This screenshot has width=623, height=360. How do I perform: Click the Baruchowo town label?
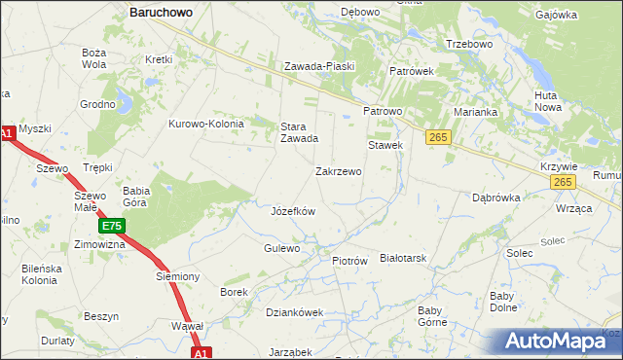tap(161, 13)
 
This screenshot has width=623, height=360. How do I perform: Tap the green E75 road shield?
tap(111, 226)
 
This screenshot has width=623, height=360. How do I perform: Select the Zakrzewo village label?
tap(339, 171)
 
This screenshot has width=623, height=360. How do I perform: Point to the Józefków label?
tap(292, 210)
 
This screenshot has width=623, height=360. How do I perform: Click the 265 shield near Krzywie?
tap(562, 182)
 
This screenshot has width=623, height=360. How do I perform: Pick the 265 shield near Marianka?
tap(437, 138)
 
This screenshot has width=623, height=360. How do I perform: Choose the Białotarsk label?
tap(404, 258)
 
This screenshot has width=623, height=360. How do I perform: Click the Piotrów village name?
tap(349, 261)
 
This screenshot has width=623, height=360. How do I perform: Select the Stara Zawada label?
tap(300, 132)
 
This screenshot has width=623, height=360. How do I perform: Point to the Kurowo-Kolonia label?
tap(206, 124)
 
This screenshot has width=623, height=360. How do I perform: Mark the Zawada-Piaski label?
tap(319, 66)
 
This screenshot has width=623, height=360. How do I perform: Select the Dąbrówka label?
tap(496, 197)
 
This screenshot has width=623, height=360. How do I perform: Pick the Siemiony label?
tap(177, 276)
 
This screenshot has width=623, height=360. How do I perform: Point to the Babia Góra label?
tap(135, 197)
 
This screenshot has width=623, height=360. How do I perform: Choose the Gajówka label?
tap(584, 16)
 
